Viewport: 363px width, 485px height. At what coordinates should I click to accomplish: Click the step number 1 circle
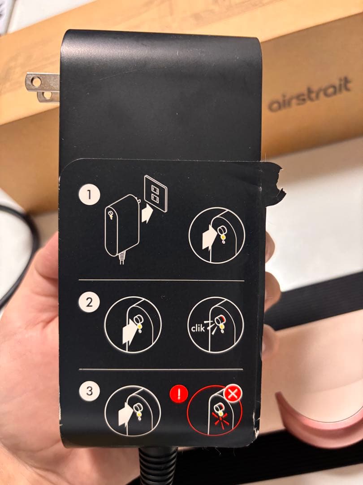(x=88, y=195)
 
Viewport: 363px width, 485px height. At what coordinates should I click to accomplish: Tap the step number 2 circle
(x=88, y=302)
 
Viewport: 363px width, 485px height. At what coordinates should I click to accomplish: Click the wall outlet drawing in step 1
(x=156, y=193)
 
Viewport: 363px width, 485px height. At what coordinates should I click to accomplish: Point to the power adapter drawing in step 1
(x=120, y=225)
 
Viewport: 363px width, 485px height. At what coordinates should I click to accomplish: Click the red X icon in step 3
(x=233, y=394)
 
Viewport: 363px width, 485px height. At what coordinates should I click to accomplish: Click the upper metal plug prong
(x=42, y=81)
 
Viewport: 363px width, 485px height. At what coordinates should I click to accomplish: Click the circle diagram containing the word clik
(x=215, y=325)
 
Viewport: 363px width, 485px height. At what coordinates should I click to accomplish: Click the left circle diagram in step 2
(x=133, y=324)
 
